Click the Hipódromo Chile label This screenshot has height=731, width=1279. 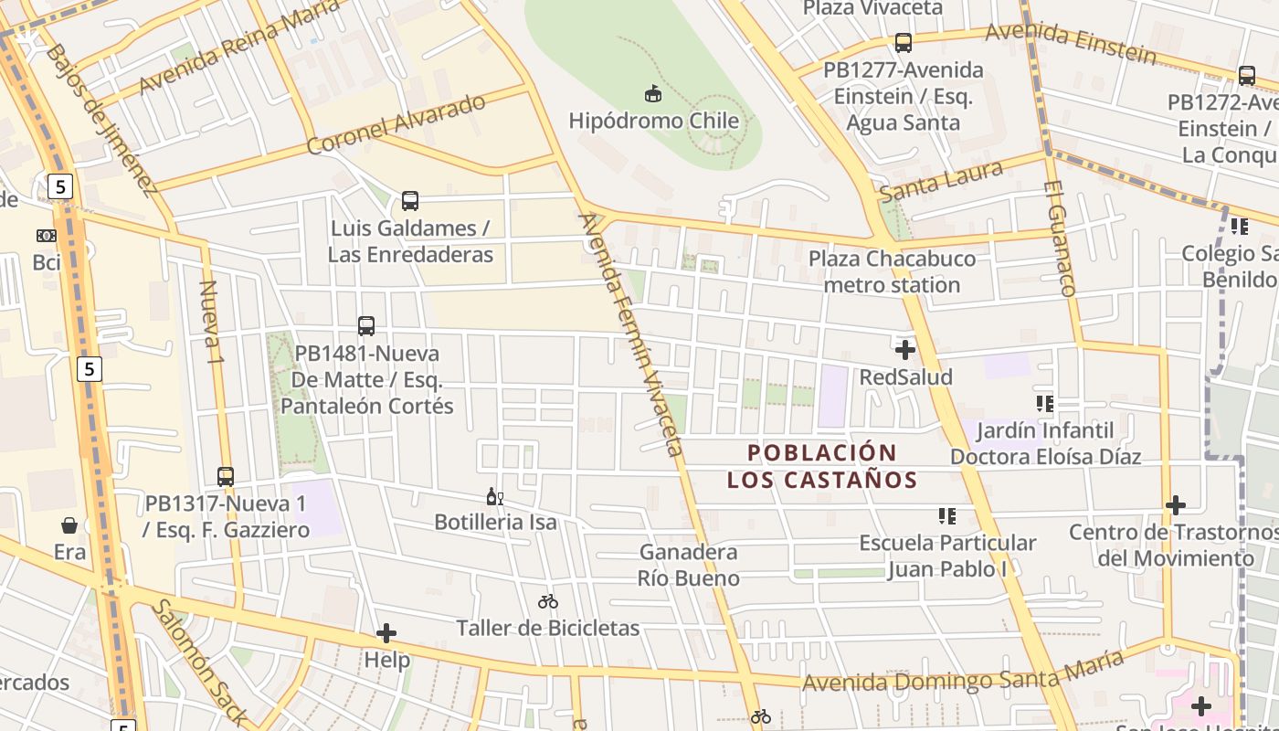click(653, 121)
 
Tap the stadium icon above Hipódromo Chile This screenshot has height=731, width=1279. click(653, 93)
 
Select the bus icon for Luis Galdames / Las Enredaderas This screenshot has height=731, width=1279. click(410, 200)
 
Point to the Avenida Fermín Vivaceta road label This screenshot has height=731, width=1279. click(631, 334)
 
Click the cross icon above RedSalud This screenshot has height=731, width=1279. click(905, 350)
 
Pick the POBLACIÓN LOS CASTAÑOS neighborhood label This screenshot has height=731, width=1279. click(822, 466)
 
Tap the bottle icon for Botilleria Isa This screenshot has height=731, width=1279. click(494, 496)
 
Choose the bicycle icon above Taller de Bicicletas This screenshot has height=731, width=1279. click(548, 601)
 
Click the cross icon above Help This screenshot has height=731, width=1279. click(386, 632)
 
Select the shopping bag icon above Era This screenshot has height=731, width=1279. click(69, 525)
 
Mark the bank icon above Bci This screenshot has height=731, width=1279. click(47, 236)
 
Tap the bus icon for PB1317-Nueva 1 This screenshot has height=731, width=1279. click(226, 476)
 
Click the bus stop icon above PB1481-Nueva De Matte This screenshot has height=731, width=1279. click(366, 325)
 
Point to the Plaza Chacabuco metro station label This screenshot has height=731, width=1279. click(892, 271)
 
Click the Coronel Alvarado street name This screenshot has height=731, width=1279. click(396, 123)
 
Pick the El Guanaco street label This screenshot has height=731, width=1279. click(1059, 238)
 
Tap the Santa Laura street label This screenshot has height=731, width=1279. click(941, 182)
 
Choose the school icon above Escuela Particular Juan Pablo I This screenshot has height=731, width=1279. click(946, 516)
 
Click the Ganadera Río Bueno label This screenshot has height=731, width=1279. click(688, 565)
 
